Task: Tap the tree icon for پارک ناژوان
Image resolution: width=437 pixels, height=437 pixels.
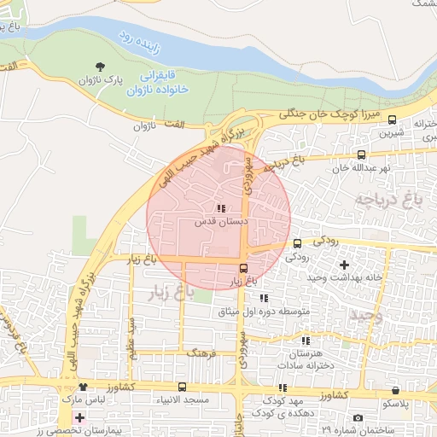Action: click(x=102, y=67)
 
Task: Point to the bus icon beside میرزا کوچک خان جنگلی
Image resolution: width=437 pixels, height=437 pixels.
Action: click(x=392, y=120)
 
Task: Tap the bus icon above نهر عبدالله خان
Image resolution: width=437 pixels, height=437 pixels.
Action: click(x=362, y=155)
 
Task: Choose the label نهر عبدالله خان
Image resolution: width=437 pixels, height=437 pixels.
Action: click(x=361, y=168)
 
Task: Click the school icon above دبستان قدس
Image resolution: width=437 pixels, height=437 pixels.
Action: click(x=221, y=208)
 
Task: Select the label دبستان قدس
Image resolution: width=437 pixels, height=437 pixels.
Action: click(x=221, y=221)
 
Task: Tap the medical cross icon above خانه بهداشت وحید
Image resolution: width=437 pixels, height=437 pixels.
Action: click(x=344, y=265)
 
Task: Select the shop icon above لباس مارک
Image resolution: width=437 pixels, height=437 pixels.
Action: click(x=83, y=387)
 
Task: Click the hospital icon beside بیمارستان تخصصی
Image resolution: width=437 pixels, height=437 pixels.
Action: click(x=80, y=417)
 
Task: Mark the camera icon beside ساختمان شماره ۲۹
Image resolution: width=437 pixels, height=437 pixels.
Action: click(x=358, y=417)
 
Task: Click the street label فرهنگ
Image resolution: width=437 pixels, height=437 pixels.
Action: click(x=202, y=352)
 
